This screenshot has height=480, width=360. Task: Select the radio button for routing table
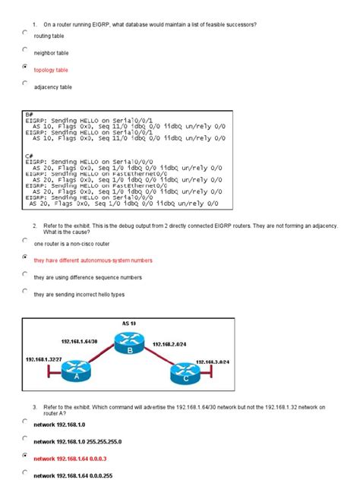tap(25, 33)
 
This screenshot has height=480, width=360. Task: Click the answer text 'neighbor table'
tap(51, 53)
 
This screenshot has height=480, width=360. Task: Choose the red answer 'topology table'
tap(51, 70)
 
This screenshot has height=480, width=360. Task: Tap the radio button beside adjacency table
tap(25, 84)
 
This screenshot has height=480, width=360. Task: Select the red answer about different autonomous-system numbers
tap(87, 261)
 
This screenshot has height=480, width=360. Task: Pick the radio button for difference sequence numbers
tap(25, 273)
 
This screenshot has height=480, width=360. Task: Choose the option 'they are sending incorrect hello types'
tap(78, 294)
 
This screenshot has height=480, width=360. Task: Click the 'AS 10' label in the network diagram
tap(128, 324)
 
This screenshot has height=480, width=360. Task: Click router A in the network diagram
tap(75, 373)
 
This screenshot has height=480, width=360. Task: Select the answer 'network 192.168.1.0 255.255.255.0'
tap(77, 441)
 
